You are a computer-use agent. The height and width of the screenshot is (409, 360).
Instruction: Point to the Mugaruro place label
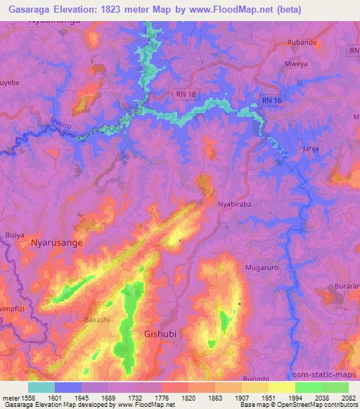pos(262,268)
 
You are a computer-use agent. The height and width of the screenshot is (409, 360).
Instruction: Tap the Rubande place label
pos(303,42)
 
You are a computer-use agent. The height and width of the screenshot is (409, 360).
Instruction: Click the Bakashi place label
pos(97,320)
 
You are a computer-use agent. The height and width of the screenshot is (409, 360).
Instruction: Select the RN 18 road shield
pos(184,93)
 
